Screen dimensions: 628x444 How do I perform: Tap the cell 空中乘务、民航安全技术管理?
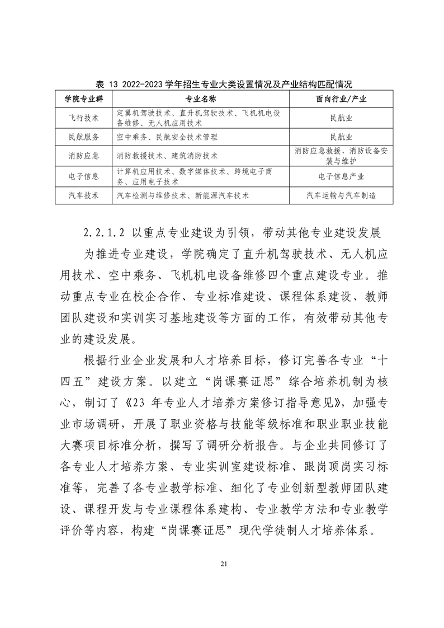167,137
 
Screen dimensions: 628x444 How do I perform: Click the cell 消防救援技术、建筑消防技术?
167,156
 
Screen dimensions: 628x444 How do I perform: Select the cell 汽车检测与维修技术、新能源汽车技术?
183,196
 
